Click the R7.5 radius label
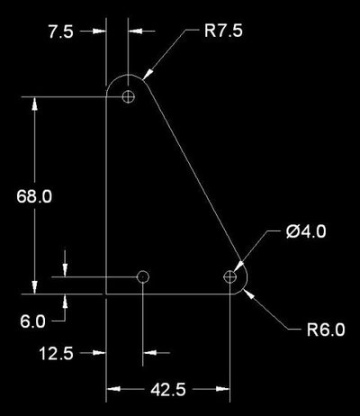pos(223,31)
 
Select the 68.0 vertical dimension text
pos(34,196)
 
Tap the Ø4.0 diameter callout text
pos(306,231)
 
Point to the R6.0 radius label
pos(326,330)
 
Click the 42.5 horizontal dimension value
pos(168,390)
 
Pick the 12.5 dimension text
pos(56,353)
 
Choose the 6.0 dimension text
pos(32,321)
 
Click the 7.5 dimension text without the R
pos(61,32)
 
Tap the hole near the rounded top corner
pos(129,96)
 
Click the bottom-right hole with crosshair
pos(229,276)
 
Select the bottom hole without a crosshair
pos(143,276)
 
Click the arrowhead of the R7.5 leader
pos(148,74)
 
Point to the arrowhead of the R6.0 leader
pos(249,293)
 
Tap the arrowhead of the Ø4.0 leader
pos(238,267)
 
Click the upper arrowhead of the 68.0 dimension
pos(34,104)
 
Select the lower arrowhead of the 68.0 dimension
pos(34,287)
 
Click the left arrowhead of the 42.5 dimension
pos(113,389)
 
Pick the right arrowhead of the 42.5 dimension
pos(223,389)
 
